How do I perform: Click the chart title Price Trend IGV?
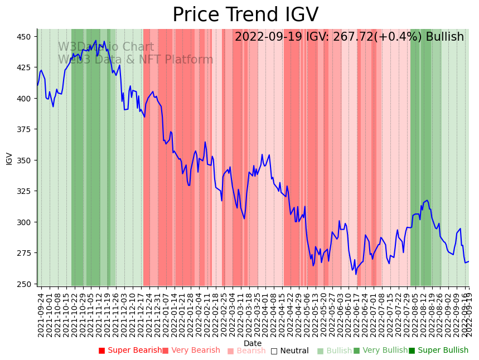click(x=245, y=15)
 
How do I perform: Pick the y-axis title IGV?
click(x=9, y=158)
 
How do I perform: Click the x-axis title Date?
click(x=253, y=344)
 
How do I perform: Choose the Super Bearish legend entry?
click(x=130, y=351)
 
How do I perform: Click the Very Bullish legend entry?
click(x=381, y=351)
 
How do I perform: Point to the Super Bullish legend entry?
click(x=439, y=351)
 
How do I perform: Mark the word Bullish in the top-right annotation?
click(x=444, y=37)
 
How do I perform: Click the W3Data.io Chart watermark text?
click(x=106, y=47)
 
